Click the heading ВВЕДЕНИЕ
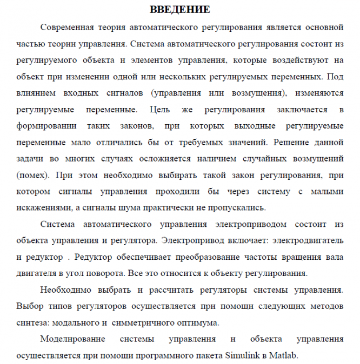179,10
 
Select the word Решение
293,143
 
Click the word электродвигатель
308,238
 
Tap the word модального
75,323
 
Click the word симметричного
142,323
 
